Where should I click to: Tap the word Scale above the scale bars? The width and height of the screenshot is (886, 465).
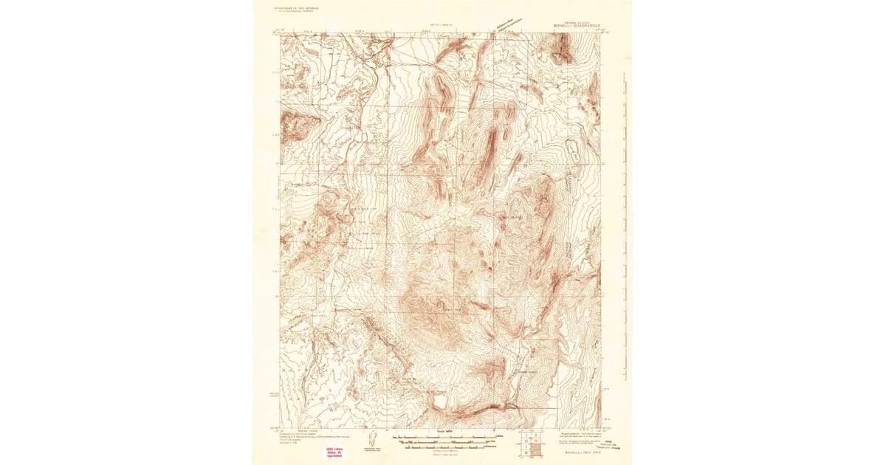(443, 431)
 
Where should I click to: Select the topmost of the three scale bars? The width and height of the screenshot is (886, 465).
(443, 437)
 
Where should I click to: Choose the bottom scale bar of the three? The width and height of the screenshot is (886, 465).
(443, 447)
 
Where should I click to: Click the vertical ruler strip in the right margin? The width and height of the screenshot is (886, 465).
(625, 221)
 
